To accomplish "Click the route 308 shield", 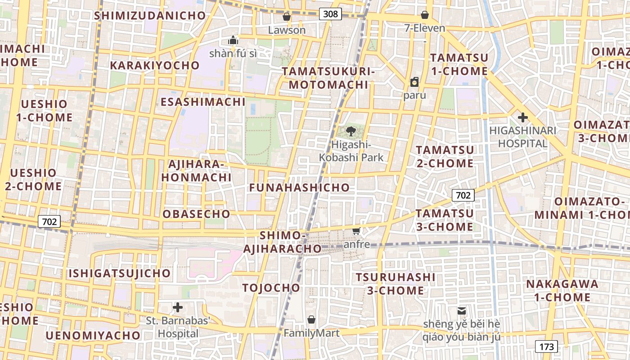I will click(330, 14).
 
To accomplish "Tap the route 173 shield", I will click(546, 346).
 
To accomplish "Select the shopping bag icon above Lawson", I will click(287, 17).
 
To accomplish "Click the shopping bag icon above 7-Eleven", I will click(425, 15).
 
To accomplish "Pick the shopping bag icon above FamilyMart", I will click(311, 320).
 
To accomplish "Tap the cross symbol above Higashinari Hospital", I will click(522, 118).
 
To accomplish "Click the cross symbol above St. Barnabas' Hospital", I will click(178, 308).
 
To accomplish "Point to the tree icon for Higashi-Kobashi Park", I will click(351, 132).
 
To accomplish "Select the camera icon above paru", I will click(414, 82).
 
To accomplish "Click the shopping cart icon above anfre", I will click(356, 231).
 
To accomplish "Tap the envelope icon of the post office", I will click(462, 310).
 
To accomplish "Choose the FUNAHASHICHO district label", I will click(300, 188).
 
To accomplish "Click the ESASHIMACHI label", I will click(203, 102).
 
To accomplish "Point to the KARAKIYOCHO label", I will click(155, 65).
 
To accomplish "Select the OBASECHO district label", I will click(197, 214).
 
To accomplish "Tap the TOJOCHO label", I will click(271, 288).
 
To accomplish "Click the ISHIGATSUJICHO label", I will click(120, 273).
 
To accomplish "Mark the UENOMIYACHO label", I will click(93, 335).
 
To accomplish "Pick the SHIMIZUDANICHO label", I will click(150, 15).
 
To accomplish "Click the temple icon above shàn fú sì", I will click(233, 40).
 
